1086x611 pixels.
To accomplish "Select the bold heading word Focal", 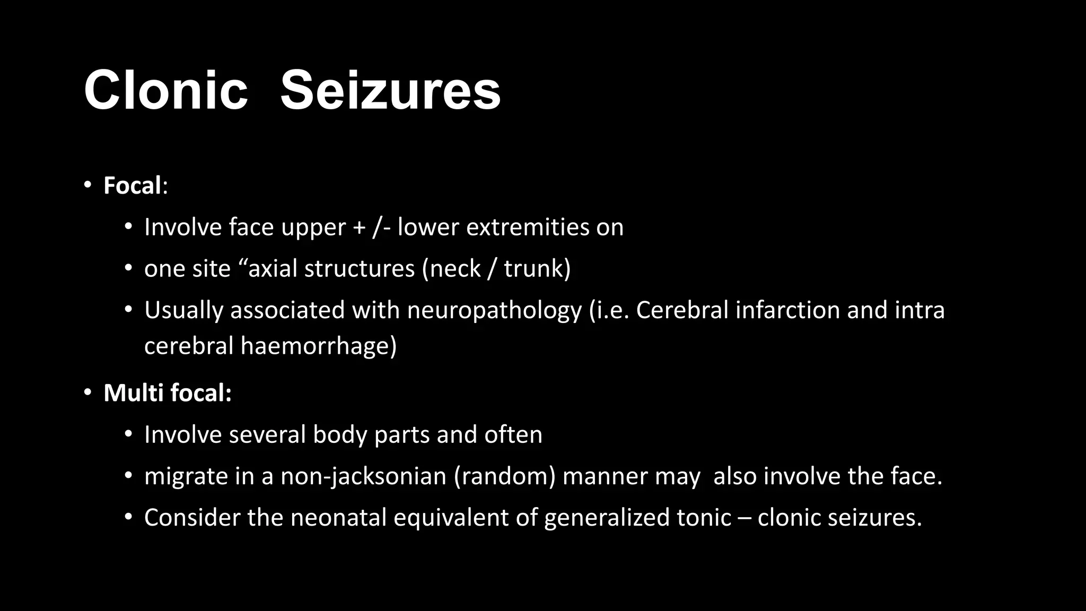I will (x=132, y=186).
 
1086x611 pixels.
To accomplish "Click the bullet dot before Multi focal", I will (x=87, y=393).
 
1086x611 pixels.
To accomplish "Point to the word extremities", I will (x=527, y=228).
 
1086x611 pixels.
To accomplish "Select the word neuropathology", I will (x=494, y=311).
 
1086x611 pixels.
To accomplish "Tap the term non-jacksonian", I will (x=363, y=476).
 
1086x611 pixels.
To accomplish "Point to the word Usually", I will (x=183, y=311).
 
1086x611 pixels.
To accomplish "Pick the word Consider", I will (x=192, y=518).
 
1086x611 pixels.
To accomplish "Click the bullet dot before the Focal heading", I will (x=87, y=186).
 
